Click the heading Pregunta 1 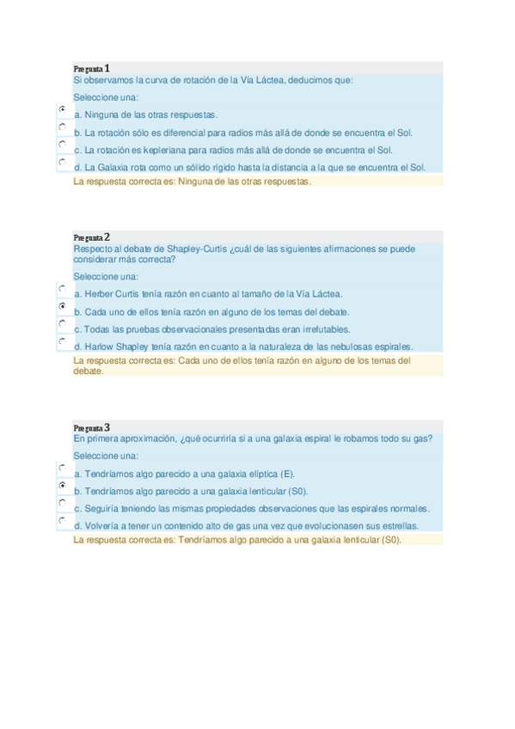pyautogui.click(x=92, y=68)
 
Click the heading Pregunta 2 pyautogui.click(x=92, y=237)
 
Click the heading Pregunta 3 pyautogui.click(x=92, y=427)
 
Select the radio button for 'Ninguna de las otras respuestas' pyautogui.click(x=63, y=110)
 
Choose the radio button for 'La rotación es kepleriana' pyautogui.click(x=63, y=144)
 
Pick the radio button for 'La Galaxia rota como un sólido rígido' pyautogui.click(x=63, y=161)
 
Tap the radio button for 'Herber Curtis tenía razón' pyautogui.click(x=63, y=289)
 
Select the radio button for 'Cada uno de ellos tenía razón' pyautogui.click(x=63, y=306)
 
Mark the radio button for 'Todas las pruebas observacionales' pyautogui.click(x=63, y=323)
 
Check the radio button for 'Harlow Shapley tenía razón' pyautogui.click(x=63, y=340)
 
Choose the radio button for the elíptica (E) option pyautogui.click(x=63, y=469)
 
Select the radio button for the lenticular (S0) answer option pyautogui.click(x=63, y=486)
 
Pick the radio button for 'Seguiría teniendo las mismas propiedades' pyautogui.click(x=63, y=503)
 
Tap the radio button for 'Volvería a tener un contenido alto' pyautogui.click(x=63, y=520)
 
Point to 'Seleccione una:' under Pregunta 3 pyautogui.click(x=106, y=456)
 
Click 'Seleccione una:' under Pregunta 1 pyautogui.click(x=106, y=97)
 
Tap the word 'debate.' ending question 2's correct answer pyautogui.click(x=89, y=371)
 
